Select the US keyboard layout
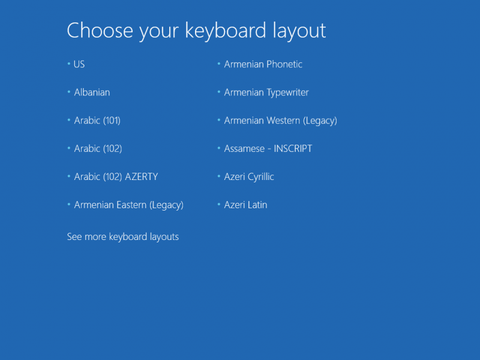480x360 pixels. pos(79,64)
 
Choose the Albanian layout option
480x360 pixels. pos(92,92)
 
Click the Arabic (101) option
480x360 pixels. pos(97,121)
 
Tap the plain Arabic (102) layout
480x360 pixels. pos(98,149)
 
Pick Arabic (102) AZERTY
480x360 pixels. pos(116,177)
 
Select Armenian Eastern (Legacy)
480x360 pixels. pos(129,205)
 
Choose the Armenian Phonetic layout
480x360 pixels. pos(263,64)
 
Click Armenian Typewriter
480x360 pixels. pos(266,92)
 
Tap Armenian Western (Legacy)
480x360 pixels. pos(280,121)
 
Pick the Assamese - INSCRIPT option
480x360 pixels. pos(268,149)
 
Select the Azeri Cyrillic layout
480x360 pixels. pos(249,177)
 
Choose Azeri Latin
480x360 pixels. pos(245,205)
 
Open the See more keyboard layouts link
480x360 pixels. pos(123,236)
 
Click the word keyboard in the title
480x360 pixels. pos(226,31)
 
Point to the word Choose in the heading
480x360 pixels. pos(100,31)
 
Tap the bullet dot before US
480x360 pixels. pos(68,64)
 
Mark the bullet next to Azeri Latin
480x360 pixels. pos(218,204)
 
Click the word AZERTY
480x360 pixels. pos(142,176)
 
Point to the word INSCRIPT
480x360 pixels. pos(293,149)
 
